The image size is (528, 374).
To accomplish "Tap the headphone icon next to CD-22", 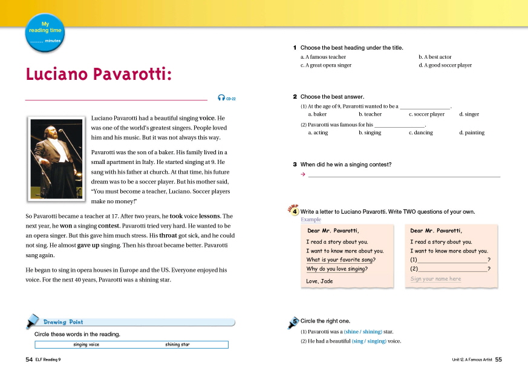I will tap(221, 98).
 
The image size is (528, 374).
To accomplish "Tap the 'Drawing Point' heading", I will tap(63, 322).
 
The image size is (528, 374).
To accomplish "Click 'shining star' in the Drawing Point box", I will tap(177, 344).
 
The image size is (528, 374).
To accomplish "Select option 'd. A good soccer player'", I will tap(445, 65).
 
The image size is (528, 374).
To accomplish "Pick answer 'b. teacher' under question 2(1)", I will tap(370, 114).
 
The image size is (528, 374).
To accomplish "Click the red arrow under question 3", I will tap(302, 175).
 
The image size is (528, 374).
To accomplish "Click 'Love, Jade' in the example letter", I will tap(319, 281).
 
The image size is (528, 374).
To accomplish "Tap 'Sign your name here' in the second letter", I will tap(435, 279).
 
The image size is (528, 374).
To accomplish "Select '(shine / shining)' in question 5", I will tap(363, 332).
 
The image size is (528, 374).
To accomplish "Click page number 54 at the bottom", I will tap(28, 359).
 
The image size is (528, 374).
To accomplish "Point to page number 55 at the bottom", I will tap(498, 359).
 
